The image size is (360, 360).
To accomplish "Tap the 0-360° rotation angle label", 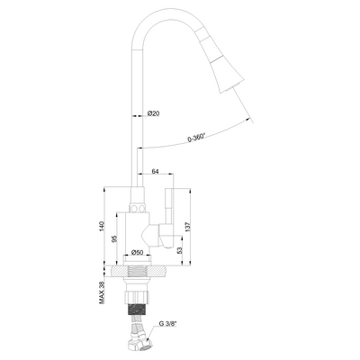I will coord(199,137).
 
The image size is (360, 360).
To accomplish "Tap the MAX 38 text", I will coord(101,289).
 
